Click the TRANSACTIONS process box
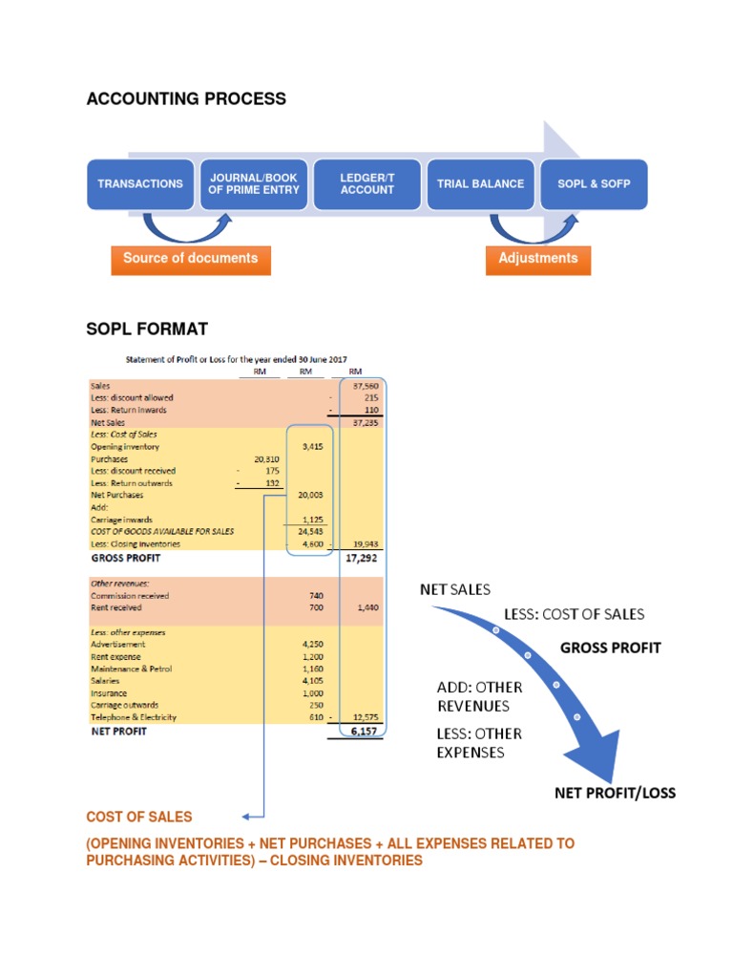point(140,184)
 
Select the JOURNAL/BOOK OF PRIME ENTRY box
point(254,184)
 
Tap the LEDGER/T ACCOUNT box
point(367,184)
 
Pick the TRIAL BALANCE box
point(481,184)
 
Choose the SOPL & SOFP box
point(594,184)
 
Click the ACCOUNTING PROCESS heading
point(186,98)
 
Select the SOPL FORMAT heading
point(147,329)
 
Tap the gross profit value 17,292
point(362,558)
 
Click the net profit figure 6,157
point(364,731)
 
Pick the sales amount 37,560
point(366,386)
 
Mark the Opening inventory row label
point(125,447)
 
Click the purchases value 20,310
point(267,459)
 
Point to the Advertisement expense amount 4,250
point(313,645)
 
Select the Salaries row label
point(105,680)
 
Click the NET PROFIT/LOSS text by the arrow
point(616,793)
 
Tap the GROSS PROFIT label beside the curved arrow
point(611,648)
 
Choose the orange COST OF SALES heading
point(139,817)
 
